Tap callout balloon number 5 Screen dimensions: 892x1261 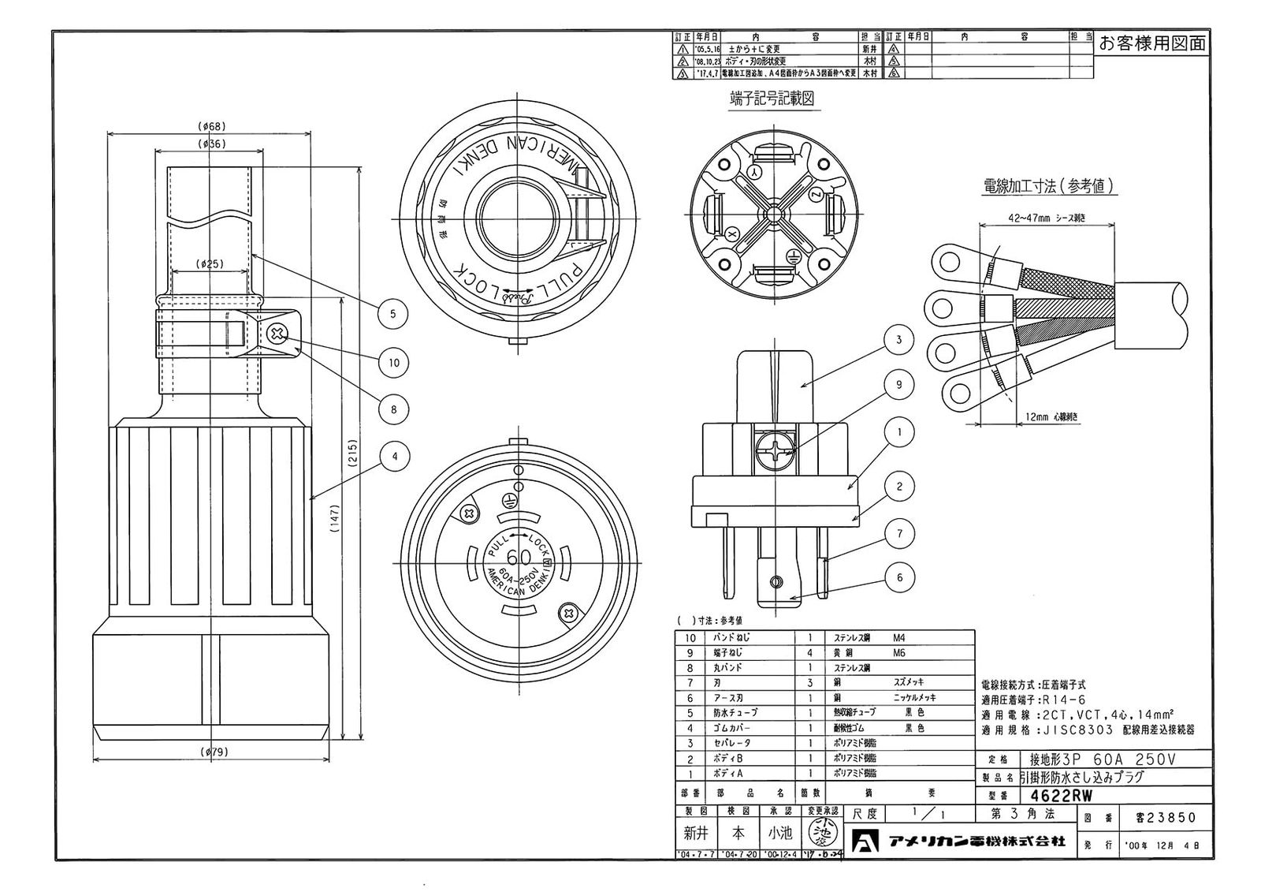click(392, 313)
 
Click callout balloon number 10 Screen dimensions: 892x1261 click(394, 363)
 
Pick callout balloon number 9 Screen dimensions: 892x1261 click(898, 385)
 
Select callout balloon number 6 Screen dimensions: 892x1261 click(899, 577)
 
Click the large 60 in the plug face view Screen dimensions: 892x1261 click(519, 556)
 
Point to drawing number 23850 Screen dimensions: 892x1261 click(1159, 818)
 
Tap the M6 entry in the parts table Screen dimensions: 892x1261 click(899, 653)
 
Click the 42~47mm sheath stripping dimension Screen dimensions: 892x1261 click(1047, 218)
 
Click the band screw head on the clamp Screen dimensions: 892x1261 click(277, 334)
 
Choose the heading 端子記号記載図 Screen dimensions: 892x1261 click(771, 99)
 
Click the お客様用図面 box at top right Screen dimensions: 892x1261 click(1151, 43)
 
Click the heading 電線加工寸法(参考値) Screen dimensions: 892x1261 click(1049, 186)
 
